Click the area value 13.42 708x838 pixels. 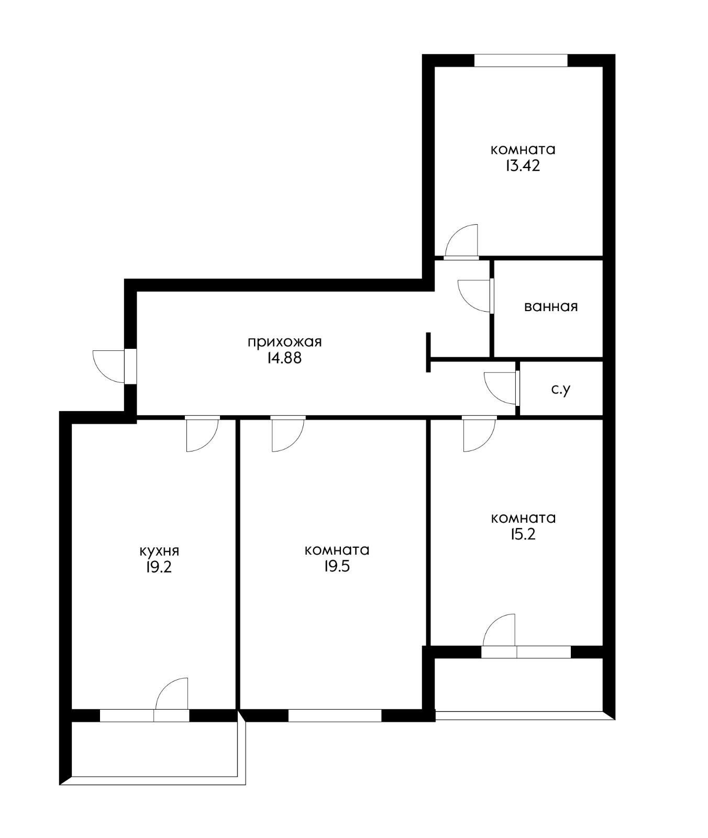coord(522,166)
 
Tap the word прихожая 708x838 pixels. coord(284,342)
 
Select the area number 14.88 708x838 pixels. coord(284,359)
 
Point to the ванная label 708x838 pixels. coord(551,306)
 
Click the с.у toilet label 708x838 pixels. coord(560,390)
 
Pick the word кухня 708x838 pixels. coord(159,551)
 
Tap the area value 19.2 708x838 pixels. coord(159,567)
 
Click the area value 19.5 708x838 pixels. coord(337,567)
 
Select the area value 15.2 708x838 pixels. coord(523,535)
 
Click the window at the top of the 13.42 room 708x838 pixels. coord(521,60)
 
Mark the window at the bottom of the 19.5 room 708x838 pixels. coord(335,715)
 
